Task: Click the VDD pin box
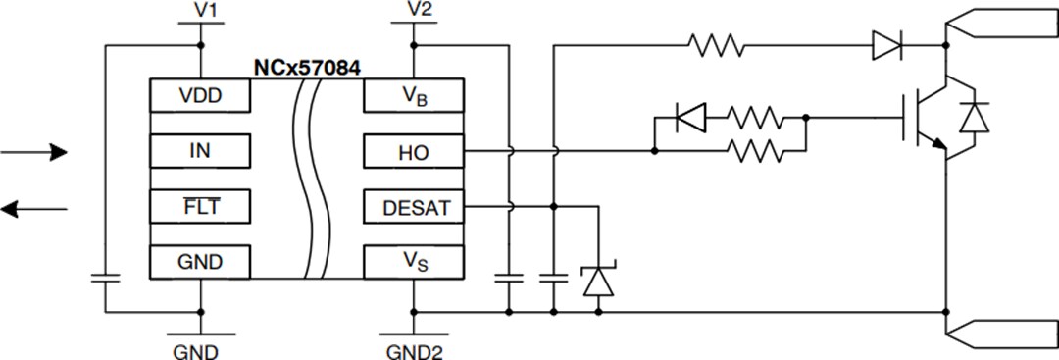coord(199,97)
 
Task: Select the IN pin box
coord(199,152)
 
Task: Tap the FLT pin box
coord(199,207)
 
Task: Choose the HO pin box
coord(413,152)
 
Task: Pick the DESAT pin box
coord(413,207)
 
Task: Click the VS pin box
coord(413,262)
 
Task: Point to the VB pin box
coord(413,97)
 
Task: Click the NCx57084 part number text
coord(307,70)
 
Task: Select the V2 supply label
coord(419,11)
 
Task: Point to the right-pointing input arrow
coord(34,152)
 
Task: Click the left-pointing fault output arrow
coord(34,207)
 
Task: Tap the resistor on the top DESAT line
coord(716,45)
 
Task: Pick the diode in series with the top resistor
coord(885,45)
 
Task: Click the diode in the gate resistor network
coord(691,120)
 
